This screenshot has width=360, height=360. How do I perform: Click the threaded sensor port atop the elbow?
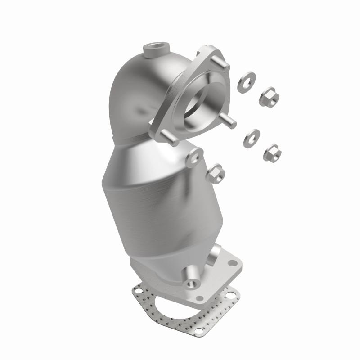click(155, 47)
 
